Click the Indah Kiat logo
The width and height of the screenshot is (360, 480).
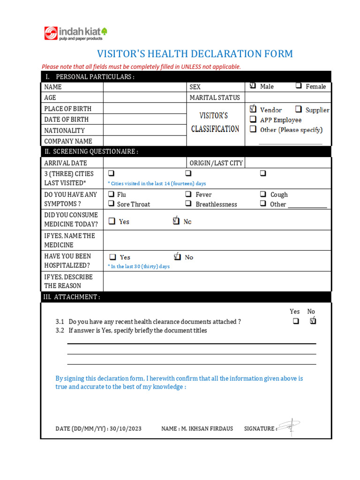75,33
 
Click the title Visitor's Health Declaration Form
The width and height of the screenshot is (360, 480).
195,54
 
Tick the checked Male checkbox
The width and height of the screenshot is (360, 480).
253,86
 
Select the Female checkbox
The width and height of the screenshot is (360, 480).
299,86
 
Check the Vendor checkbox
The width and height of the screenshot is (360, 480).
253,109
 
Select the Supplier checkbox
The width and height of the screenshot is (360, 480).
299,110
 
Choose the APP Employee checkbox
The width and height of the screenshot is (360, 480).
253,120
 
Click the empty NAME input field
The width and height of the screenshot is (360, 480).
145,87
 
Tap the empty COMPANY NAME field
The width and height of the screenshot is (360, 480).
145,141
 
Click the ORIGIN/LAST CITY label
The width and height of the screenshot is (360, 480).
216,163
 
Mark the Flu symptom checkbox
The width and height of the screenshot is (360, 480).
112,194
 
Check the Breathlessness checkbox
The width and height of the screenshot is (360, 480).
188,204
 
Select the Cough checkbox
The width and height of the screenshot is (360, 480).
263,194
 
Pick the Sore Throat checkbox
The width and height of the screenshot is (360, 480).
112,204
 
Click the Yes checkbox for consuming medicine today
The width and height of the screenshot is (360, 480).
112,221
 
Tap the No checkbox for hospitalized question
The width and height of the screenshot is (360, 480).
177,257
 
